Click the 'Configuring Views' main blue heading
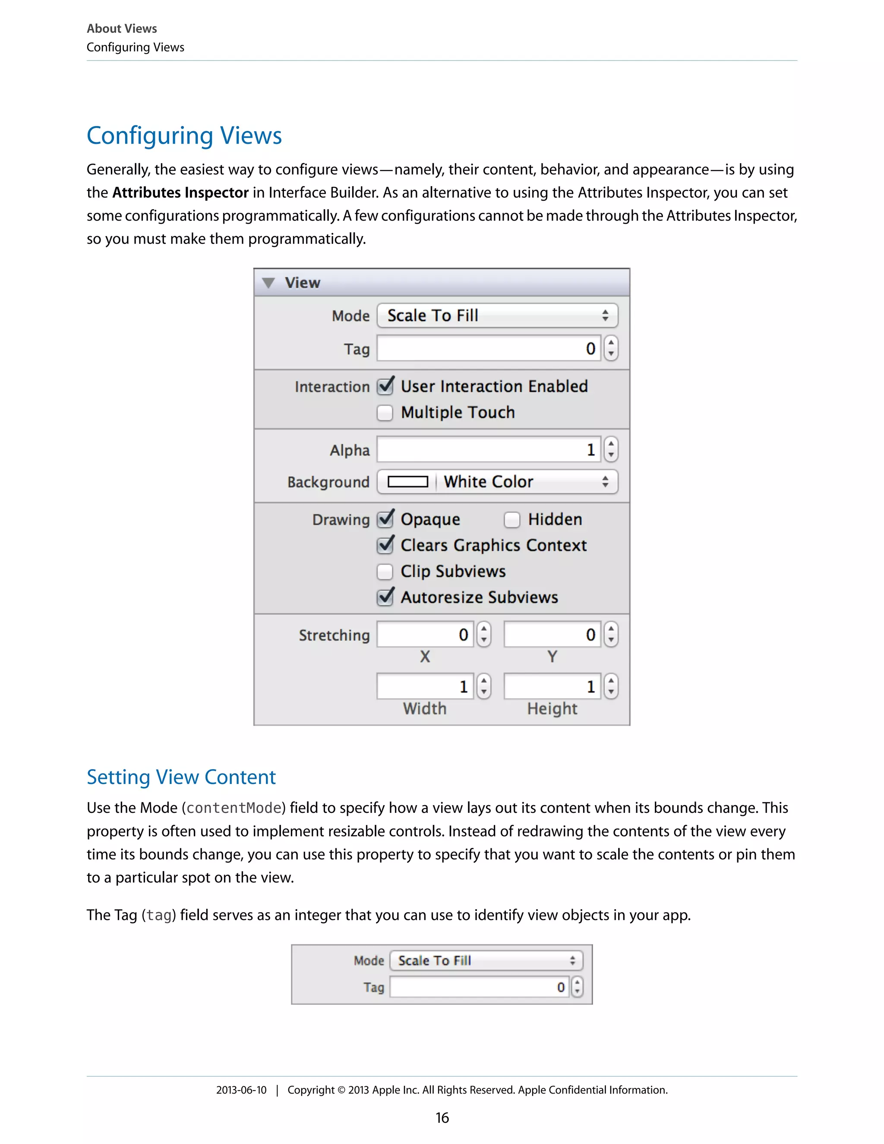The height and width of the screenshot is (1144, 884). click(184, 136)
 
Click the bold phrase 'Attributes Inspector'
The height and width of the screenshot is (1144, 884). click(180, 193)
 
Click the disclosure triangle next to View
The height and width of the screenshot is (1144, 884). click(268, 283)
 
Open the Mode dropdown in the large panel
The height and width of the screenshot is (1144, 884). click(496, 315)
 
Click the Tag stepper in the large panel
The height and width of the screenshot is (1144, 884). click(611, 348)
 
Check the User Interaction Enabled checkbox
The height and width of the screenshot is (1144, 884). click(385, 386)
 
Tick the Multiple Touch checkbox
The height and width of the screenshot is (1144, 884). click(385, 413)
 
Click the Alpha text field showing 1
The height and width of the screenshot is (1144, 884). click(488, 449)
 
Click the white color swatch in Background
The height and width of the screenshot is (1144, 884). click(407, 482)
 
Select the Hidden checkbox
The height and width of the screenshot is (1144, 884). click(511, 520)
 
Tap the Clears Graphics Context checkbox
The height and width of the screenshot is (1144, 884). click(385, 545)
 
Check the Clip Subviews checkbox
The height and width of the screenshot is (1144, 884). click(385, 572)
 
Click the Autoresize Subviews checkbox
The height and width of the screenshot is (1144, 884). click(385, 597)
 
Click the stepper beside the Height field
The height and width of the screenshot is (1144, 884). click(611, 687)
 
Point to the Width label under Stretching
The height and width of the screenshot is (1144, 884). click(425, 709)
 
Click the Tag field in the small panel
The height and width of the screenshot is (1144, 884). click(479, 987)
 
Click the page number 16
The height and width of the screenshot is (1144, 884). click(442, 1118)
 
